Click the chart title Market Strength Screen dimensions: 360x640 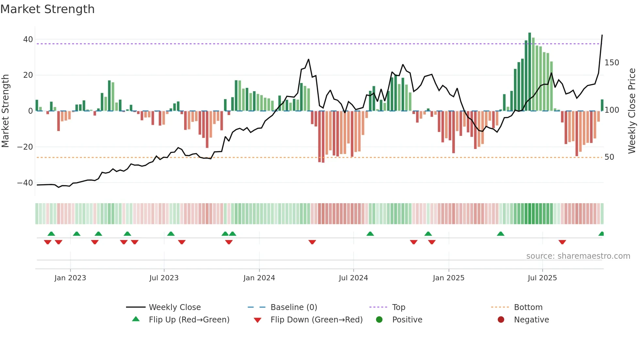click(x=48, y=9)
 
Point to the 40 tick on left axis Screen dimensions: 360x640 click(x=28, y=40)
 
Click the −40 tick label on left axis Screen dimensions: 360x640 click(x=25, y=183)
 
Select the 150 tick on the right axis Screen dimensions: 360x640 click(x=612, y=63)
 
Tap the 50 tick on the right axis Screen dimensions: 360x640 click(x=609, y=157)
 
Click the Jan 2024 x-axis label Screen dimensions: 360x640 click(x=259, y=278)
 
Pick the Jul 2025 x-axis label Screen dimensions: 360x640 click(x=542, y=278)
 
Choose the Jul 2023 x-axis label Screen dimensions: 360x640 click(x=164, y=278)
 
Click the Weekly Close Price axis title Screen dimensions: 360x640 click(x=632, y=111)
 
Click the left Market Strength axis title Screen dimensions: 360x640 click(x=6, y=111)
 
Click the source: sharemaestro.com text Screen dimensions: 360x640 click(x=578, y=256)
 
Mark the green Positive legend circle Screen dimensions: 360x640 click(x=379, y=320)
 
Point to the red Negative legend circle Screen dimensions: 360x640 click(x=501, y=320)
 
